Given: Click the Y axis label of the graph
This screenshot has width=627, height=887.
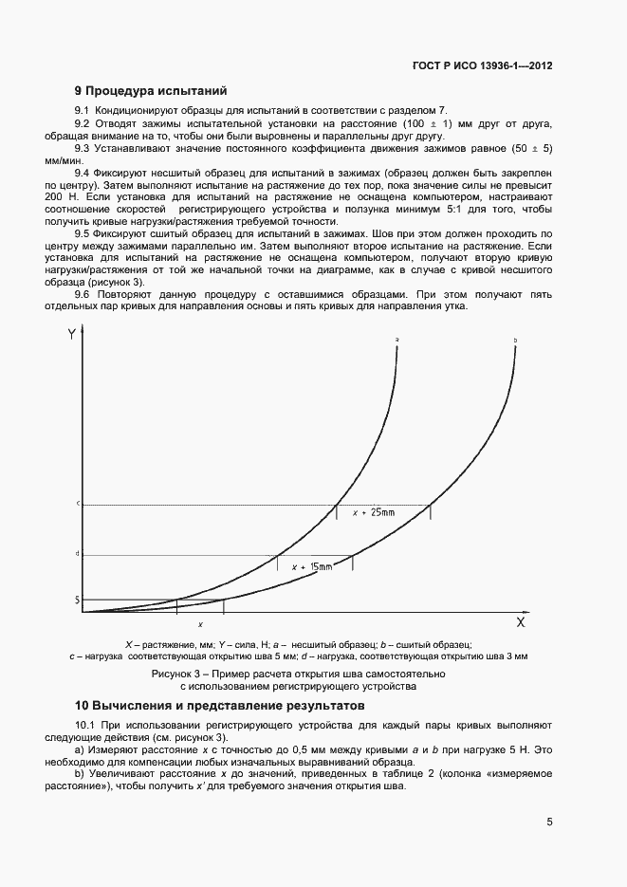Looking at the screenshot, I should pyautogui.click(x=72, y=334).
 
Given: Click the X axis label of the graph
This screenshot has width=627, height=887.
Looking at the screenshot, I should pyautogui.click(x=521, y=623).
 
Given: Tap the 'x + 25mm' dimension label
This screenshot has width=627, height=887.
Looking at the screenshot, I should pyautogui.click(x=373, y=512).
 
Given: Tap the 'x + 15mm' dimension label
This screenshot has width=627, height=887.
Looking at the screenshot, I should pyautogui.click(x=312, y=566).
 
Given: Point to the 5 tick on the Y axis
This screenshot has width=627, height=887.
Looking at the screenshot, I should pyautogui.click(x=78, y=600).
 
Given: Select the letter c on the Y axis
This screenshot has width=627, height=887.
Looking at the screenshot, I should pyautogui.click(x=78, y=504).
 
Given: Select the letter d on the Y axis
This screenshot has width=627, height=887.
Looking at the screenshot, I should pyautogui.click(x=78, y=554).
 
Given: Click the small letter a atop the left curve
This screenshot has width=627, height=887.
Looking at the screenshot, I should pyautogui.click(x=396, y=338).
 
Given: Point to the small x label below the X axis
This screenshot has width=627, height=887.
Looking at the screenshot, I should pyautogui.click(x=200, y=625).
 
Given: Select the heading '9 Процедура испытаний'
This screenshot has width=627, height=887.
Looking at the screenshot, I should pyautogui.click(x=151, y=92).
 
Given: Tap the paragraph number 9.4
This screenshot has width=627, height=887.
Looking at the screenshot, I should pyautogui.click(x=83, y=174).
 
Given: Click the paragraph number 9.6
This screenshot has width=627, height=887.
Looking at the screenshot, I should pyautogui.click(x=83, y=294).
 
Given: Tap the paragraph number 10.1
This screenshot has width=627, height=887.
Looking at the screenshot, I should pyautogui.click(x=85, y=726).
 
